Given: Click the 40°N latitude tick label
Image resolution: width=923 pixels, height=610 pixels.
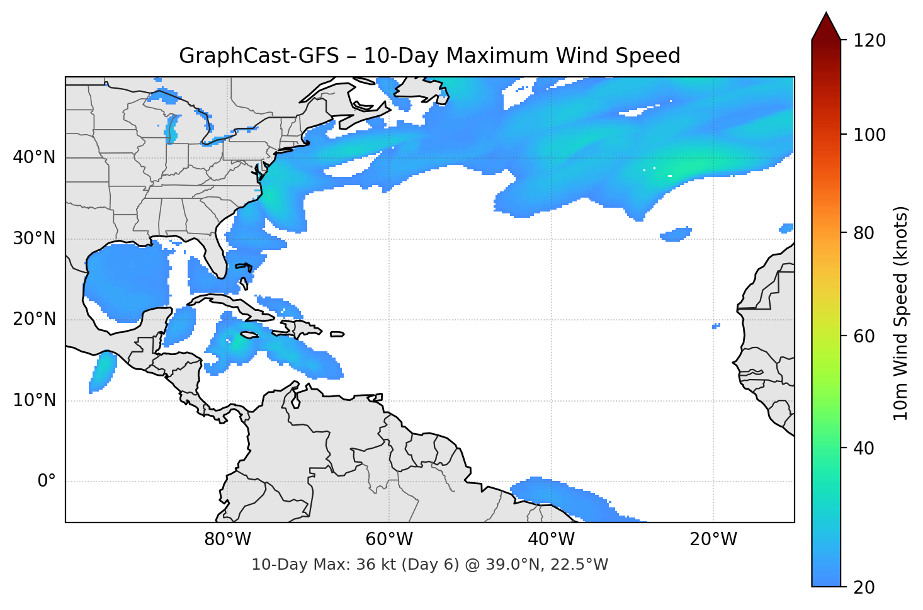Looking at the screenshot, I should coord(34,157).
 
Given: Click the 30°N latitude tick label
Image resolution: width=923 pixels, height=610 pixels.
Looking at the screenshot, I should coord(34,239).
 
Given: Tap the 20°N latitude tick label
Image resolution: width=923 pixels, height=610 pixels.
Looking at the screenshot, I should coord(34,319).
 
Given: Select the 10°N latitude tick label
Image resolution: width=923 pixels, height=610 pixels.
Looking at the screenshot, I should coord(34,400).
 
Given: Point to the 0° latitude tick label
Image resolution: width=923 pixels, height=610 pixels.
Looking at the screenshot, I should coord(47,482).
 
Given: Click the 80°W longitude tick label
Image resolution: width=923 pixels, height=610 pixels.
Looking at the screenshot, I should coord(228,539).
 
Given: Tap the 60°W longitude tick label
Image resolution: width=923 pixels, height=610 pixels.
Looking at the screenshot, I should coord(390,539).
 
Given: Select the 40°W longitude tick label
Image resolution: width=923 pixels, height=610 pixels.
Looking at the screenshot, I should coord(552,539).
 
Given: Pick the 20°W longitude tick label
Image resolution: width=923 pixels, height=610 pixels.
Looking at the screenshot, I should coord(713,539).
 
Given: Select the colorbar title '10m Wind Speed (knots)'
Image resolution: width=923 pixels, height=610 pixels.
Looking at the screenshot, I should coord(901,313).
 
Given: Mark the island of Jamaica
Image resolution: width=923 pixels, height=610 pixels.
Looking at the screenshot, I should coord(250,336).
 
